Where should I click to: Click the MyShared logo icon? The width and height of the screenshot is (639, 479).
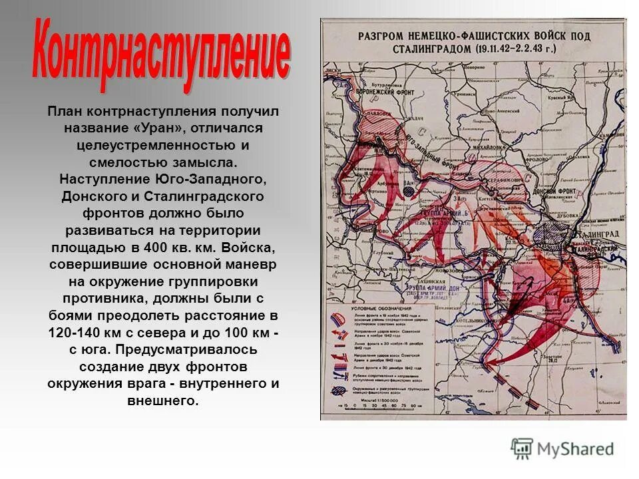coord(522,448)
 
